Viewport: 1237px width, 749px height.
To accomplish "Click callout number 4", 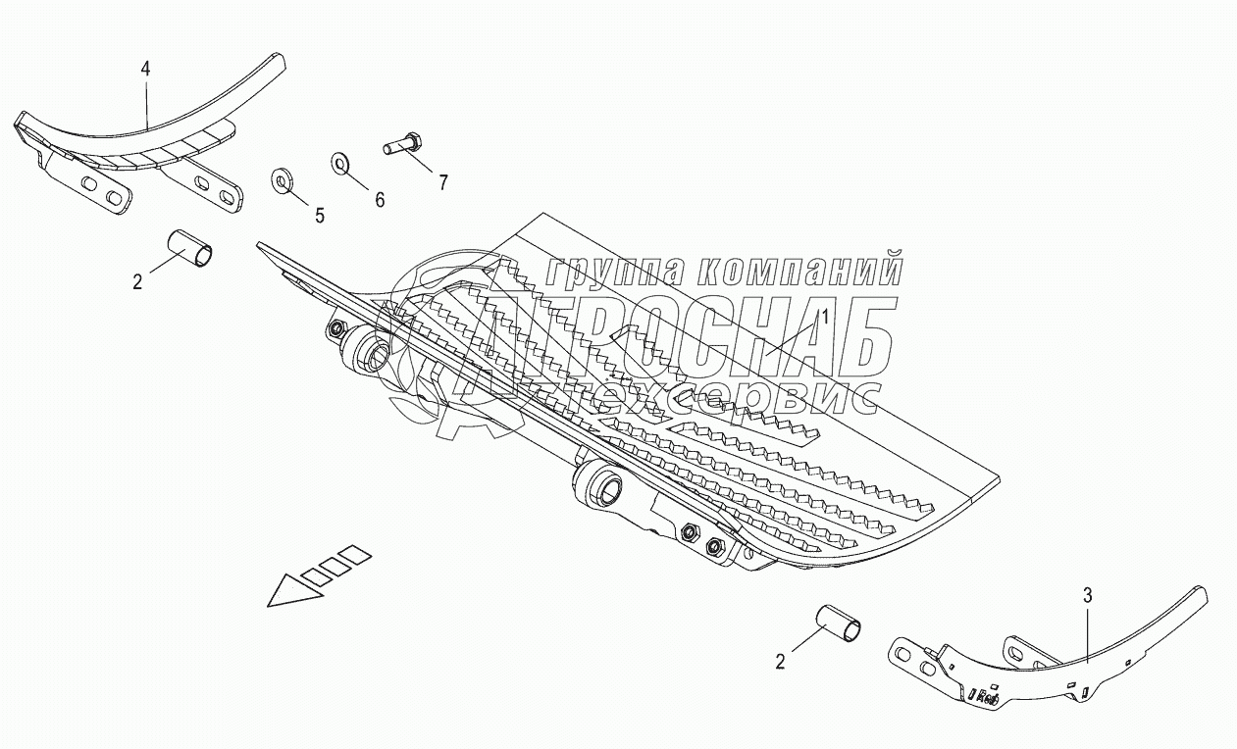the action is point(146,69).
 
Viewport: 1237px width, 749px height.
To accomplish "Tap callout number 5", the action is point(320,216).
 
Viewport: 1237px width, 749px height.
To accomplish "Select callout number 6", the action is point(380,199).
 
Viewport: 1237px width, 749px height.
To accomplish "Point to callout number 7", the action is point(443,182).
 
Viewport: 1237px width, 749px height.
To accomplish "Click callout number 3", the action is point(1087,594).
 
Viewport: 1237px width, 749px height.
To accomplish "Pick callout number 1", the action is point(825,316).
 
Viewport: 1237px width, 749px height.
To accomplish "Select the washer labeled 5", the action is point(283,181).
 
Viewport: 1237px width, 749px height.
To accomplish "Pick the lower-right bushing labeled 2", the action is point(842,625).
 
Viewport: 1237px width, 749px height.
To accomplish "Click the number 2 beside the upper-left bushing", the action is point(137,282).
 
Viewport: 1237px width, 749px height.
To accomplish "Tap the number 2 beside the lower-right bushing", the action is point(780,663).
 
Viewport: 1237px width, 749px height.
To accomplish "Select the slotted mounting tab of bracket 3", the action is point(920,661).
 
